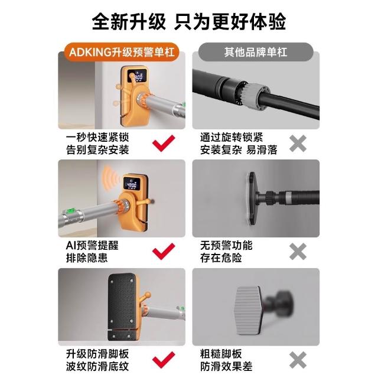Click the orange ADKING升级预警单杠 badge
click(122, 52)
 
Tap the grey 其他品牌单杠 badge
click(256, 52)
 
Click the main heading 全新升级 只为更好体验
click(189, 22)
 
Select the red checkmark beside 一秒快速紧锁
click(164, 143)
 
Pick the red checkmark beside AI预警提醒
click(164, 252)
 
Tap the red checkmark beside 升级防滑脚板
click(164, 360)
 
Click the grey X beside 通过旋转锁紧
click(298, 144)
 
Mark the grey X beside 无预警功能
click(298, 252)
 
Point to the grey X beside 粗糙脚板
click(298, 360)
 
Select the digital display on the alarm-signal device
click(132, 184)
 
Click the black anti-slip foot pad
click(122, 307)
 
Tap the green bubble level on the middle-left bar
click(73, 211)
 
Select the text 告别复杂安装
click(97, 150)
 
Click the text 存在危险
click(221, 258)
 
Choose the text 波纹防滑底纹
click(97, 366)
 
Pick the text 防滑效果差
click(226, 366)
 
